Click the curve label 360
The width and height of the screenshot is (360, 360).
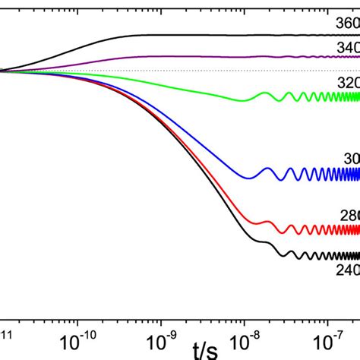click(x=347, y=23)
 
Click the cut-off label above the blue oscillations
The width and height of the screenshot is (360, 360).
click(x=352, y=159)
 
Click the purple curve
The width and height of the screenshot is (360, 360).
click(x=190, y=56)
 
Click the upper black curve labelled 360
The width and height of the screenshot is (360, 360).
click(x=190, y=35)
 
